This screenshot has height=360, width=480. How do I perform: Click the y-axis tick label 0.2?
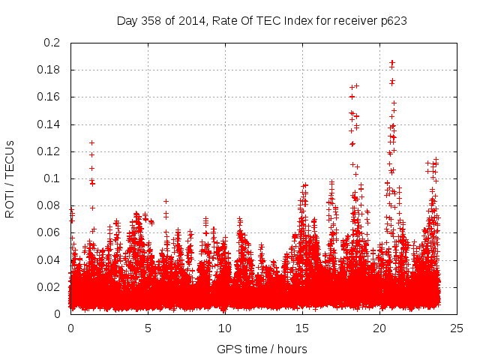52,43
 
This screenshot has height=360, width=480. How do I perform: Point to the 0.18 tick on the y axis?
49,70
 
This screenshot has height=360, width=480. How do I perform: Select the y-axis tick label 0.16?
49,97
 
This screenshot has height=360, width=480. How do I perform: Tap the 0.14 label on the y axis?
49,124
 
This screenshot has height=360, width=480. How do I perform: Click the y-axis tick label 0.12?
49,151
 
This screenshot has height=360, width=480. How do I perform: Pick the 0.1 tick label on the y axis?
52,178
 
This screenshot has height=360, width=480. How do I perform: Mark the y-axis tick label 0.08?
49,205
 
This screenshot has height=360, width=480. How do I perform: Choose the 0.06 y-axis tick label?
49,232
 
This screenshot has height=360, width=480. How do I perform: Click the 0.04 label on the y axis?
49,259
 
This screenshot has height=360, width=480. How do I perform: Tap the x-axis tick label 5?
148,328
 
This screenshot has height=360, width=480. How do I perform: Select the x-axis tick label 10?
225,328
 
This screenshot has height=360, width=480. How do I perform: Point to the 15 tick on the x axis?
302,328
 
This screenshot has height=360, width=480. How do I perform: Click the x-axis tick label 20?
379,328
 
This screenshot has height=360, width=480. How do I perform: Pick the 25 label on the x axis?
456,328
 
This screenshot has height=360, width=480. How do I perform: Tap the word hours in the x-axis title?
292,349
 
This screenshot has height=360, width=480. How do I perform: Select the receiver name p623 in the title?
393,21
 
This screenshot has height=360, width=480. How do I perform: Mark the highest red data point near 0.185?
391,63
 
